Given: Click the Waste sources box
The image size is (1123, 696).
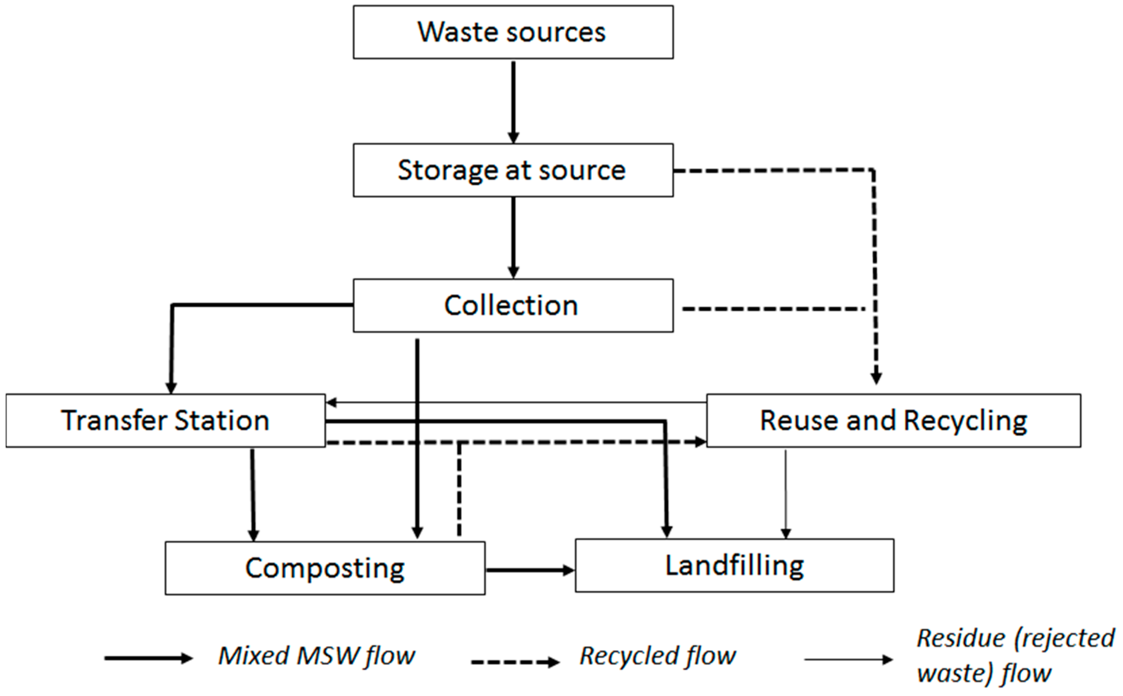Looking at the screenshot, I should (513, 32).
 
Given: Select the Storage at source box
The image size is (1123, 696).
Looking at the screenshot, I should (513, 170).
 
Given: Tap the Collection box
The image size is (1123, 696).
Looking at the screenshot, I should (513, 305).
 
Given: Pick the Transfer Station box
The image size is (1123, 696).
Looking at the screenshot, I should (166, 420).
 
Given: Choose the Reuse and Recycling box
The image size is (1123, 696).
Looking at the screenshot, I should (893, 420).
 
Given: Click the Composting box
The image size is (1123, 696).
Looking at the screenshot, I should (325, 568).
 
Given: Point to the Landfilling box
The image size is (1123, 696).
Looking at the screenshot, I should (734, 565).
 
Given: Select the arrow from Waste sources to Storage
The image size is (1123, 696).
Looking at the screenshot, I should (513, 101).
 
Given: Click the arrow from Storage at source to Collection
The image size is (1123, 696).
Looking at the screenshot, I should (513, 237).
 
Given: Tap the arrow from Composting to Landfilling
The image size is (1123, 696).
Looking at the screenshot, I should (529, 570).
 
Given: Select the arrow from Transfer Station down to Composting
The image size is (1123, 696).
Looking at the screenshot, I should (253, 495).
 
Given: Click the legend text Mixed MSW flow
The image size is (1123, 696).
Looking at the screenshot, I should (317, 656).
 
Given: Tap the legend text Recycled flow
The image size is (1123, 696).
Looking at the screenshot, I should (657, 656).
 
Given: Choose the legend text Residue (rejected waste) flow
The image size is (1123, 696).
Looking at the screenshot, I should (1015, 656).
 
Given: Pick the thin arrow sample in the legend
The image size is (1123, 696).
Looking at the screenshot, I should (848, 660).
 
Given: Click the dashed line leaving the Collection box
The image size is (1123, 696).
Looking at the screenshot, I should (773, 309).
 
